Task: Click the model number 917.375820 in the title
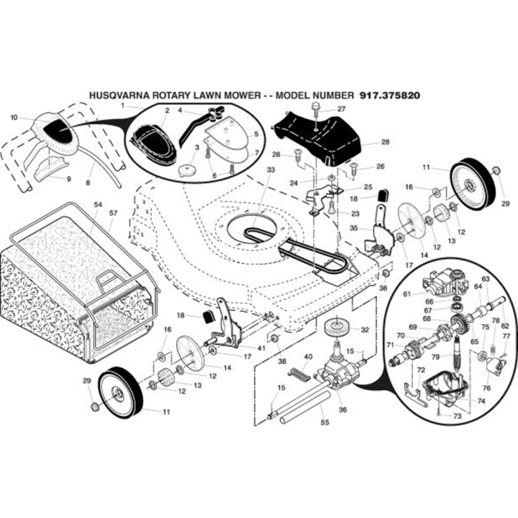click(x=396, y=95)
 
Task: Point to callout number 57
click(x=113, y=213)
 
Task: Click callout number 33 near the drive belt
click(x=249, y=170)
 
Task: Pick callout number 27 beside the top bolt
click(x=341, y=109)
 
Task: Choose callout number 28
click(x=385, y=141)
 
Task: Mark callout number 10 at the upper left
click(x=13, y=117)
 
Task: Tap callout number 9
click(x=68, y=178)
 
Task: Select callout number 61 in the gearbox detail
click(x=406, y=293)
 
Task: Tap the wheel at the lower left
click(x=118, y=388)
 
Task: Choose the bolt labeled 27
click(x=317, y=113)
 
